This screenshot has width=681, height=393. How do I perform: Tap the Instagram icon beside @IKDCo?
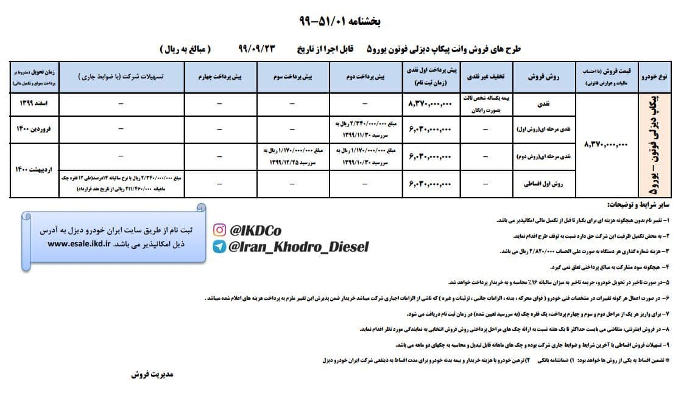click(219, 230)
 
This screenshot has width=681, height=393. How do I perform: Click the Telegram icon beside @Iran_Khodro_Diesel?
click(219, 246)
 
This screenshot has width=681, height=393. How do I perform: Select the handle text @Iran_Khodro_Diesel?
click(298, 246)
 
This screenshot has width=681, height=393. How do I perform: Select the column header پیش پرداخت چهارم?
click(221, 77)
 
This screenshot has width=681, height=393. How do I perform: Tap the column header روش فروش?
click(544, 77)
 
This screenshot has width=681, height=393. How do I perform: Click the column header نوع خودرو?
click(655, 77)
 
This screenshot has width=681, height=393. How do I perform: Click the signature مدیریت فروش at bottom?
click(152, 374)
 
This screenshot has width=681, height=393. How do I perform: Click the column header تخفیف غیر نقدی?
click(485, 77)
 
